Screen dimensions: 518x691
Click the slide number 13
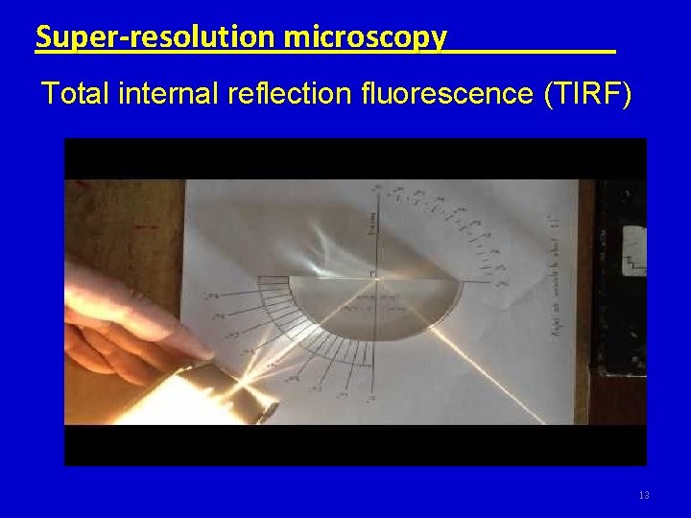(643, 495)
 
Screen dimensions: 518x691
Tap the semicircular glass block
(374, 307)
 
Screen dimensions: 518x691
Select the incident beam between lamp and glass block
(298, 341)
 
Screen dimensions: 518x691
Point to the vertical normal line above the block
(376, 230)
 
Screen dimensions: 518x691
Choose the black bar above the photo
(355, 158)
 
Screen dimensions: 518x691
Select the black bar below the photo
(355, 445)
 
